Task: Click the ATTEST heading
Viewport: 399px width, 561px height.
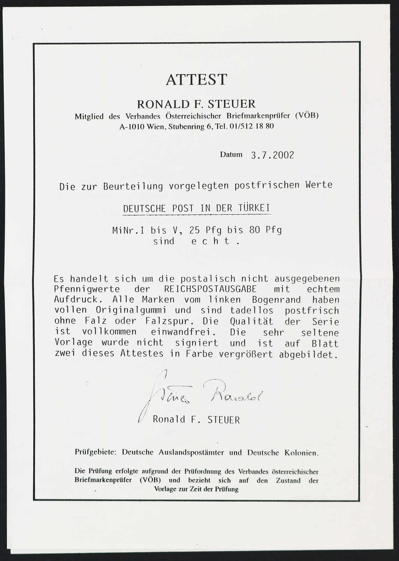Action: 197,80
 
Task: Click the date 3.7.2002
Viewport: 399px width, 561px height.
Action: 273,155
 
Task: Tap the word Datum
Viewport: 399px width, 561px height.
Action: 231,154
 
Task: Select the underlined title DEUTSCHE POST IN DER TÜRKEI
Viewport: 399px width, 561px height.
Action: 197,209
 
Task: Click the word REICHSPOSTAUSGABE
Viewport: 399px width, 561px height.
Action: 210,289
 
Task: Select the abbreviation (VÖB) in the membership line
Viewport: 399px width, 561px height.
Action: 307,116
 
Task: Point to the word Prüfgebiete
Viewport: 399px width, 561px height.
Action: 95,452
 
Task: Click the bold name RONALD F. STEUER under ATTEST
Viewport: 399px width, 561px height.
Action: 196,104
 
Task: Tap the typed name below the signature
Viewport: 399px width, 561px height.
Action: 196,420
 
